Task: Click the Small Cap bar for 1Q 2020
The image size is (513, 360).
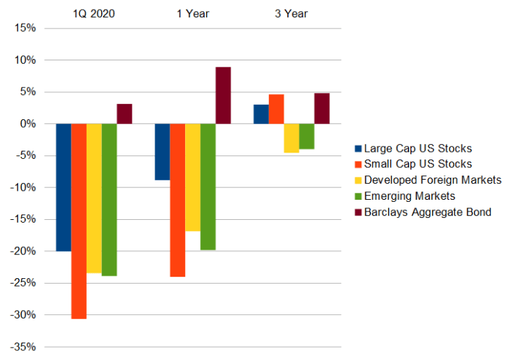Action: point(78,221)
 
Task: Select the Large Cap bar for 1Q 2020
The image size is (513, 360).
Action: point(63,187)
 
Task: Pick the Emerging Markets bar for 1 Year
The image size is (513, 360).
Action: point(207,187)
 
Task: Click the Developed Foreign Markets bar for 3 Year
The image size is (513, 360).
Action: point(291,138)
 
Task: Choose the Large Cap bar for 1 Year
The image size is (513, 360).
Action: point(162,152)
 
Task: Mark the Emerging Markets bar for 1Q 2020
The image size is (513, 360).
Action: point(109,200)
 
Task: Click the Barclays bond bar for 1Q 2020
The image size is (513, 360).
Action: point(124,114)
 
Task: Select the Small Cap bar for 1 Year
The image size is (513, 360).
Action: point(177,200)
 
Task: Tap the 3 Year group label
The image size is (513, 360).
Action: point(291,12)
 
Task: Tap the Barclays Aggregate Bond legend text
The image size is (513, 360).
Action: point(427,212)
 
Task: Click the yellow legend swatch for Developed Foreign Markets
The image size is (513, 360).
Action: point(358,180)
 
